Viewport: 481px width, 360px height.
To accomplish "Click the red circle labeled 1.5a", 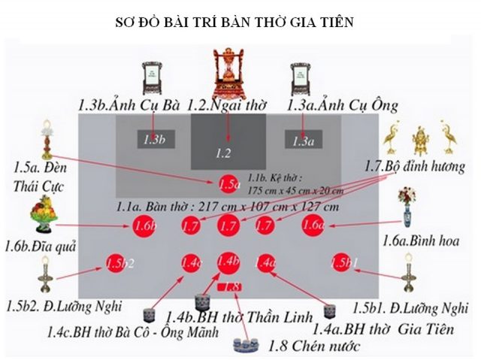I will (x=228, y=183).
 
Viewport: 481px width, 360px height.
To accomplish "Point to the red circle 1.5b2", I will (x=116, y=262).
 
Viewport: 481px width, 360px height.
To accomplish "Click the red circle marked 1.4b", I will (x=228, y=262).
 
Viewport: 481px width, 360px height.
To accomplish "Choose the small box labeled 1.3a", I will (x=301, y=139).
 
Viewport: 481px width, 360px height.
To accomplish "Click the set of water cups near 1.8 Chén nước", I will (x=244, y=345).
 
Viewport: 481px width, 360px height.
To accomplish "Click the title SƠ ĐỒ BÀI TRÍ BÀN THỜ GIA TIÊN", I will (x=241, y=23).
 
